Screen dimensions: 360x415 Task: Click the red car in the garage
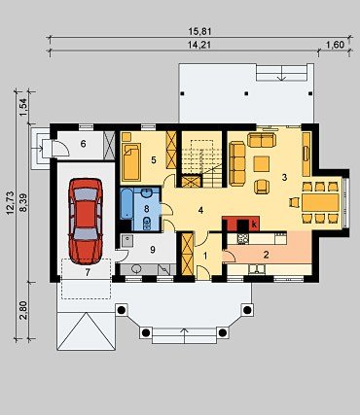[x=86, y=222]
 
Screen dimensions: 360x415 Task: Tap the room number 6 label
[x=84, y=144]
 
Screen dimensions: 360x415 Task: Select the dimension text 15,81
[x=199, y=31]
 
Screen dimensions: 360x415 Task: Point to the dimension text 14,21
[x=199, y=45]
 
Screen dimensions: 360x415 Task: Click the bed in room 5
[x=131, y=161]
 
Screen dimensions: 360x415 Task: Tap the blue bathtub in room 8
[x=126, y=204]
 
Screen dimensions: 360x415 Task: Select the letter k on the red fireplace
[x=254, y=224]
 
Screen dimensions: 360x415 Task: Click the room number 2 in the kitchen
[x=266, y=255]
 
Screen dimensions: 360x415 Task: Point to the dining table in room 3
[x=320, y=202]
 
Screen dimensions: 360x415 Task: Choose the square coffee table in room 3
[x=262, y=164]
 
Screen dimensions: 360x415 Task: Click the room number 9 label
[x=153, y=249]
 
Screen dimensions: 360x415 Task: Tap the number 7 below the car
[x=87, y=272]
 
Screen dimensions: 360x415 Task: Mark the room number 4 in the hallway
[x=200, y=211]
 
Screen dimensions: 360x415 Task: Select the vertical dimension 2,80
[x=23, y=311]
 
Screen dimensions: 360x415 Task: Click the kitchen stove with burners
[x=243, y=239]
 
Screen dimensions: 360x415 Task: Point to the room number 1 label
[x=205, y=256]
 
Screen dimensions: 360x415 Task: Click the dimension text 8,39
[x=23, y=203]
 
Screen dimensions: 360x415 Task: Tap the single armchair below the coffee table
[x=262, y=187]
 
